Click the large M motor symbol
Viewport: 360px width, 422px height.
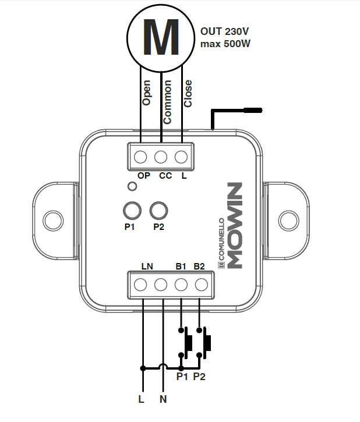tap(160, 36)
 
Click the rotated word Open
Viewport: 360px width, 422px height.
tap(146, 93)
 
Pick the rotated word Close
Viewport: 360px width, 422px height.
tap(188, 94)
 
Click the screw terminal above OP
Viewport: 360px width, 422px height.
tap(142, 157)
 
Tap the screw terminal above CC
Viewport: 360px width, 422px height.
tap(161, 157)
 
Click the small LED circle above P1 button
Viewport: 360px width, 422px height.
tap(133, 187)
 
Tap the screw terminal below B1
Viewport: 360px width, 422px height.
tap(181, 285)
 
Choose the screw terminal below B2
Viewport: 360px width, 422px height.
tap(201, 285)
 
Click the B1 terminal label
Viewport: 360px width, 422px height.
tap(181, 268)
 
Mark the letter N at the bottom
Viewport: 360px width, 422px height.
tap(163, 400)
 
